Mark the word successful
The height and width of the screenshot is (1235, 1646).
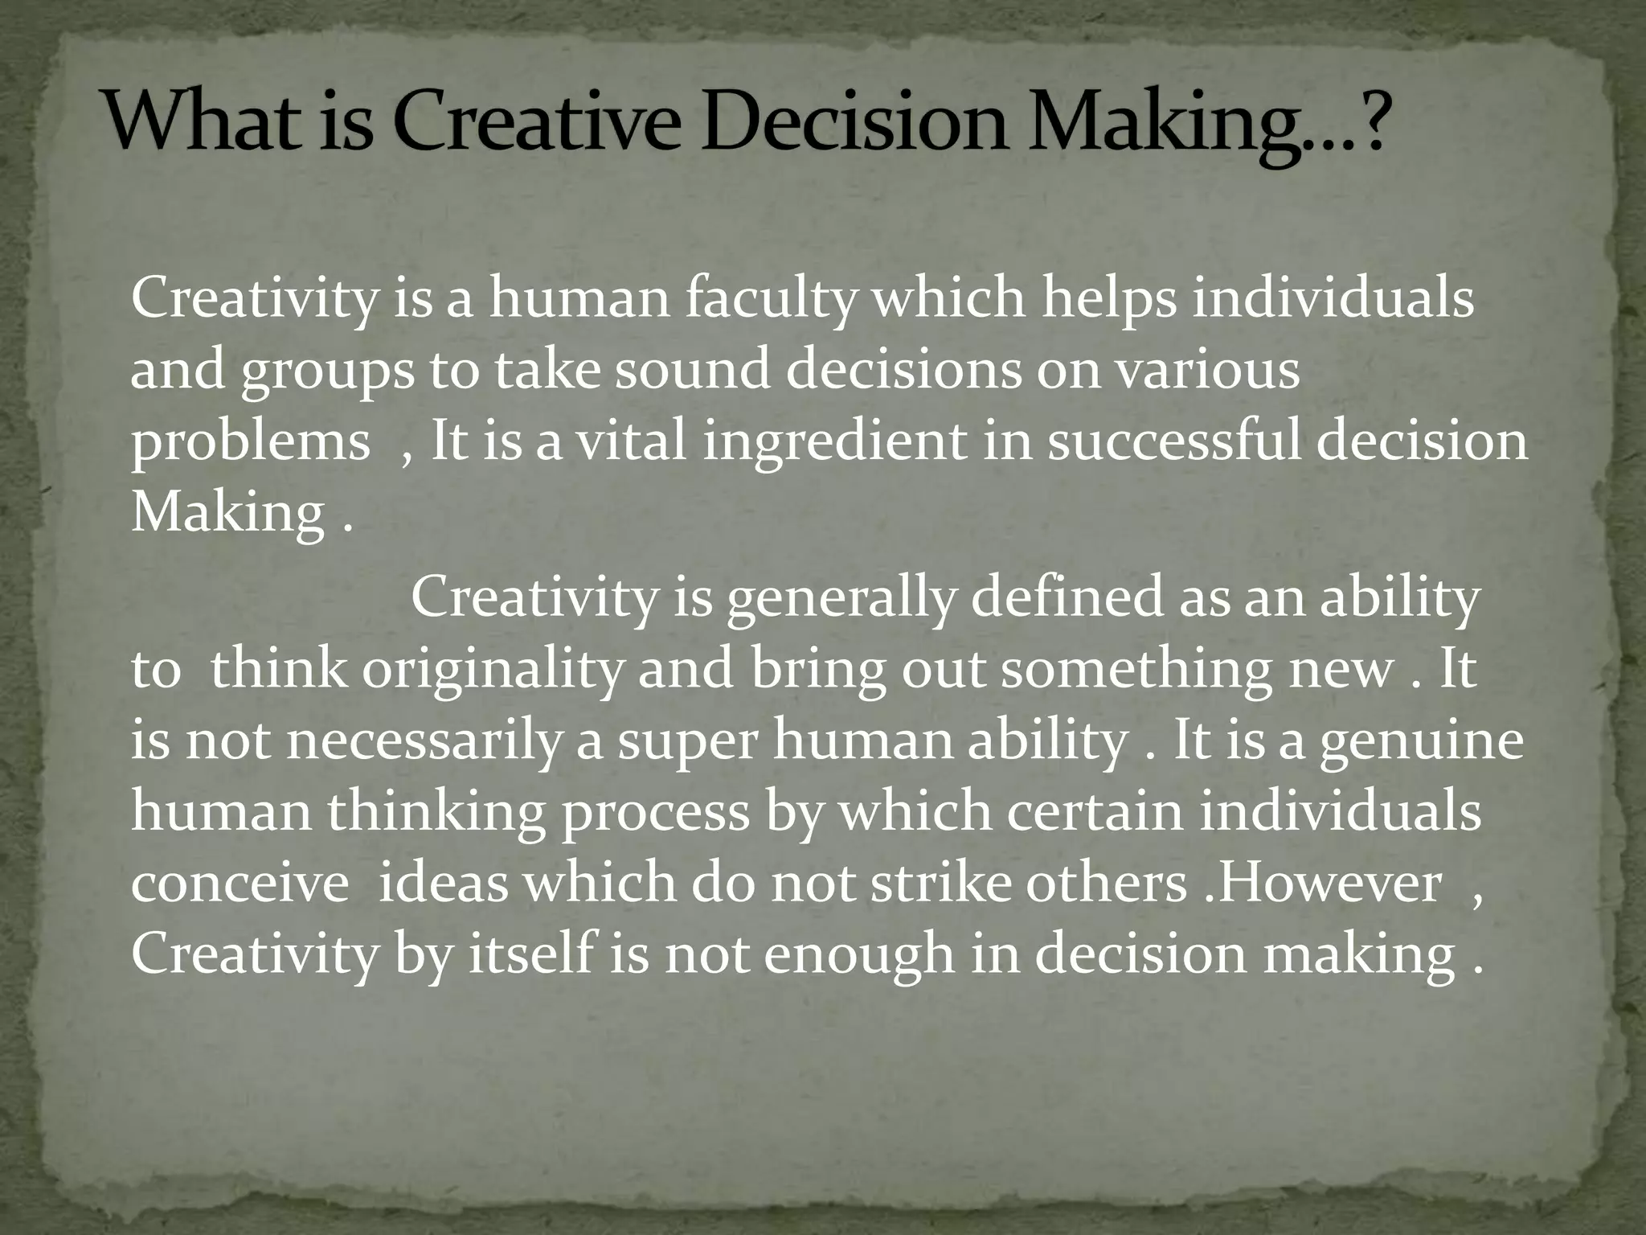click(1174, 441)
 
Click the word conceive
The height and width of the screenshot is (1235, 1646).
click(240, 884)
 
